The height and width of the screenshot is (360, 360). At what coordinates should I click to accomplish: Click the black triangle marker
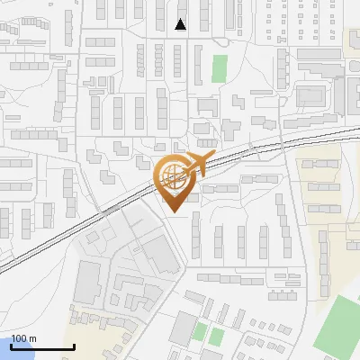point(181,24)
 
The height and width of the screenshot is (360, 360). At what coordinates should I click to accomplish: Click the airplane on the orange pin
point(194,166)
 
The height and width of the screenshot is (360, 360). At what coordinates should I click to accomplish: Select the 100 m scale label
point(24,338)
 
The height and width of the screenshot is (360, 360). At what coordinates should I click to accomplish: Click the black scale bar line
point(42,346)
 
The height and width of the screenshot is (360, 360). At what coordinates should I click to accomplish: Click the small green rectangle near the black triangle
point(220,67)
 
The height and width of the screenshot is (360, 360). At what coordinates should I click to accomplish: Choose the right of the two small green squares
point(217,337)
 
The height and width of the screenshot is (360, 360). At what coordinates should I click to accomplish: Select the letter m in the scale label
point(32,338)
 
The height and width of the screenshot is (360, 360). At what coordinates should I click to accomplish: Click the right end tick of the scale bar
point(73,346)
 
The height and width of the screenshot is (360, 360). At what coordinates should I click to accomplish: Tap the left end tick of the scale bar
point(12,346)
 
